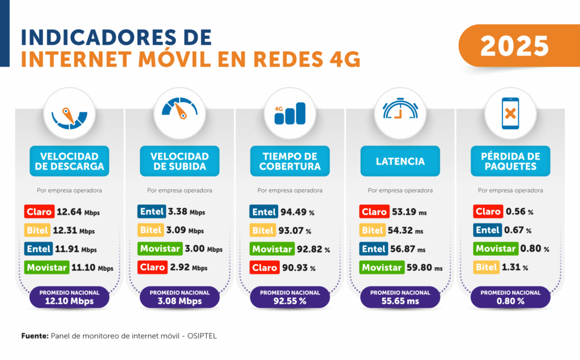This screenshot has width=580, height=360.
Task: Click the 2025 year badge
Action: (515, 46)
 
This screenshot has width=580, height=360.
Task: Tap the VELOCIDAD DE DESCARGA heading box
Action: (69, 161)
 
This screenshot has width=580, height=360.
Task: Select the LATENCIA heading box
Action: (400, 161)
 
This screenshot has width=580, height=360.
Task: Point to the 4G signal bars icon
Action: (289, 113)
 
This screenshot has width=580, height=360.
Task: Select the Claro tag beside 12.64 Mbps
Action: (39, 212)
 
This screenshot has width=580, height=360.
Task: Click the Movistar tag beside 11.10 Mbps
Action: (46, 267)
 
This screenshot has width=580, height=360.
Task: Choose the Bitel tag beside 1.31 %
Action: (486, 267)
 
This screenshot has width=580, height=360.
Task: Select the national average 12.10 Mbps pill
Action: (69, 298)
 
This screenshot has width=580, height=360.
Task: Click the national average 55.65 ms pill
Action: (400, 298)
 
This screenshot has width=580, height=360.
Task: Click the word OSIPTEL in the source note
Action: (202, 336)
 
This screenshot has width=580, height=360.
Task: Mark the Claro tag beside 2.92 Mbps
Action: (152, 267)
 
